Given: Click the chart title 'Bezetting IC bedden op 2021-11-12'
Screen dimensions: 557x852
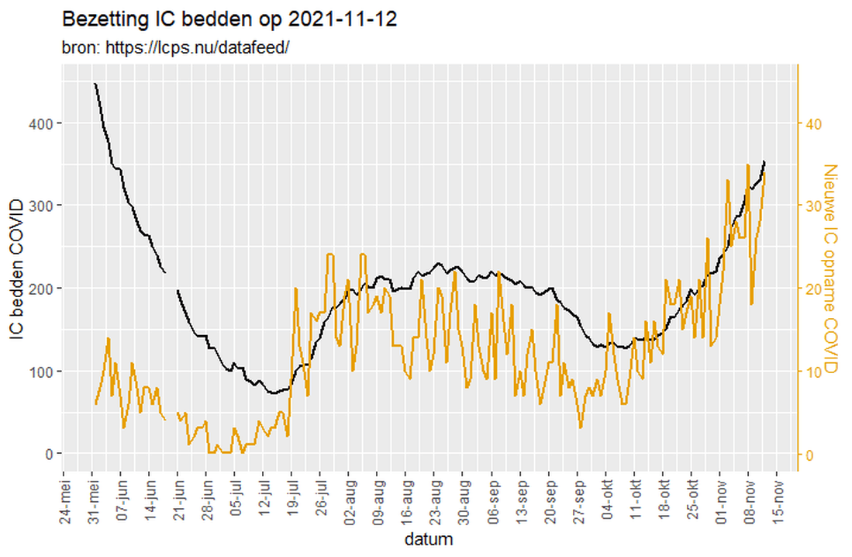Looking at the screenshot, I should [229, 20].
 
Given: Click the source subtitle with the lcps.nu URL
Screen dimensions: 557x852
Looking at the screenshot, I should [175, 47].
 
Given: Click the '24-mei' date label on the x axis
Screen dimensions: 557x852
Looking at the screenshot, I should [64, 496].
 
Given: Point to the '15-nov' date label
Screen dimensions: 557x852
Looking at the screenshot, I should [778, 496].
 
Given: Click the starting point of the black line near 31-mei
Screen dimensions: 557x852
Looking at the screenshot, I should [95, 83].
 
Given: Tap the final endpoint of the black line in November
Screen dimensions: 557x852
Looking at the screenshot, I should [764, 161].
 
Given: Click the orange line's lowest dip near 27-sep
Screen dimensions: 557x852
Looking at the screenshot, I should [580, 427].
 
